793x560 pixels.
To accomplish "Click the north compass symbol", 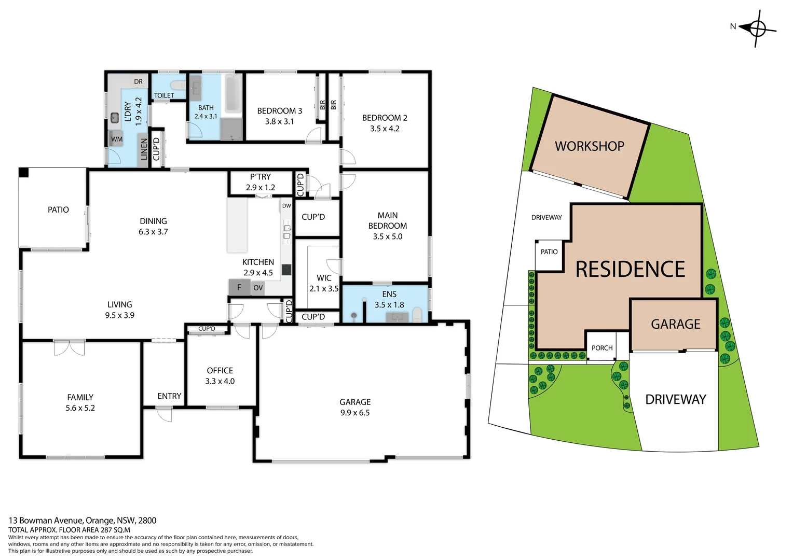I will pos(757,28).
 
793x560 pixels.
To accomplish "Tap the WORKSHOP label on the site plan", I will pos(589,146).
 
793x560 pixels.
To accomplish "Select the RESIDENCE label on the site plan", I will pos(630,269).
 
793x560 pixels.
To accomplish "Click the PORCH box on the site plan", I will pos(602,348).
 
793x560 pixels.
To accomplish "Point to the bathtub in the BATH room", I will pos(233,94).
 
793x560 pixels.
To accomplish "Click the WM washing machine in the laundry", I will pos(117,139).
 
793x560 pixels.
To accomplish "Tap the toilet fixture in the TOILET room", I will pos(177,85).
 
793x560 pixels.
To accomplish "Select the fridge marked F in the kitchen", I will pos(239,287).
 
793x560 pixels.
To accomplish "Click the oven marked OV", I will pos(258,288).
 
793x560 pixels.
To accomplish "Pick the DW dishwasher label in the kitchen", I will pos(286,206).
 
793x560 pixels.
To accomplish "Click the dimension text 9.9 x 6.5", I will pos(355,413).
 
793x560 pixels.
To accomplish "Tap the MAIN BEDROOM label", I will pos(387,220).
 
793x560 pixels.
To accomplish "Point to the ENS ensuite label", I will pos(389,294).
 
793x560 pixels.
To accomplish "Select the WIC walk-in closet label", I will pos(324,278).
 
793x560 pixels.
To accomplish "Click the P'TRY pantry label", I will pos(261,177).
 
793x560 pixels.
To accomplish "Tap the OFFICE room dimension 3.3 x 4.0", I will pos(220,381).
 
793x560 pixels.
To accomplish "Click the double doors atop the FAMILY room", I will pos(69,347).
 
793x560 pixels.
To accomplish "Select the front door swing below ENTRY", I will pos(164,414).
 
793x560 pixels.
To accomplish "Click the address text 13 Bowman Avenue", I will pos(46,520).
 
